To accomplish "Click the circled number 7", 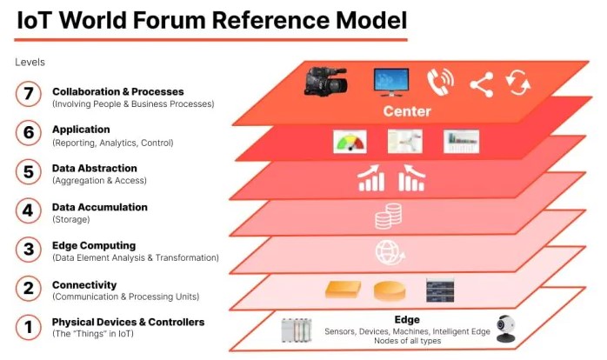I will pyautogui.click(x=30, y=95).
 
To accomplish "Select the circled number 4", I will pyautogui.click(x=30, y=211).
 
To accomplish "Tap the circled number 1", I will pyautogui.click(x=30, y=327).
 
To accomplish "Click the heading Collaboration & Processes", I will pyautogui.click(x=117, y=91).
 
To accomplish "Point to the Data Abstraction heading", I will pyautogui.click(x=94, y=168).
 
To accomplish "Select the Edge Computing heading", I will pyautogui.click(x=93, y=245).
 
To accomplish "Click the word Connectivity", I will pyautogui.click(x=84, y=284).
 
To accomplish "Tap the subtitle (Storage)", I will pyautogui.click(x=71, y=219).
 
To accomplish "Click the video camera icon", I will pyautogui.click(x=326, y=81).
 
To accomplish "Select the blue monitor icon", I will pyautogui.click(x=391, y=81).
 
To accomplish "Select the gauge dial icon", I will pyautogui.click(x=350, y=141).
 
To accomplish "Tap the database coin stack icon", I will pyautogui.click(x=387, y=217).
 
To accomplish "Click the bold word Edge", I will pyautogui.click(x=407, y=319).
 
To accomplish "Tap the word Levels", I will pyautogui.click(x=30, y=62).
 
